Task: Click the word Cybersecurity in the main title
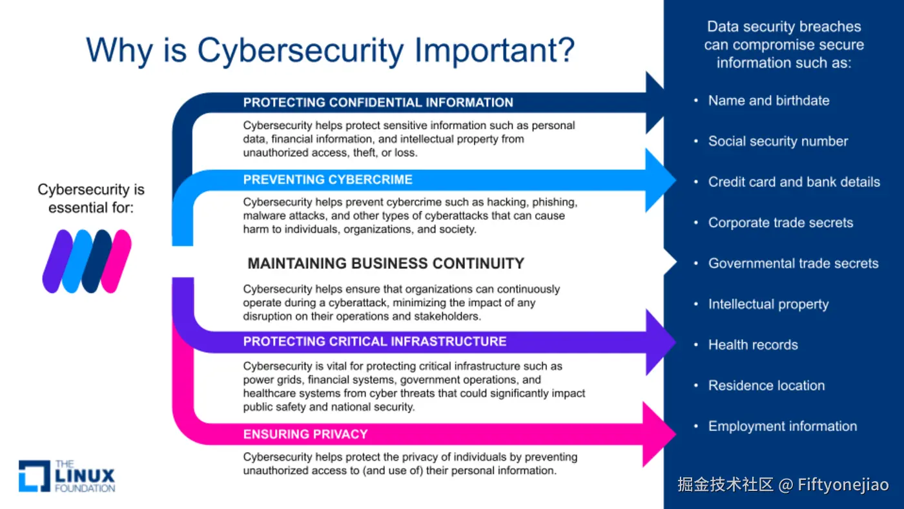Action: click(300, 51)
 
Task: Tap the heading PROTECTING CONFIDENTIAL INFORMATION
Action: click(378, 103)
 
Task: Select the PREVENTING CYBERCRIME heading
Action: click(328, 180)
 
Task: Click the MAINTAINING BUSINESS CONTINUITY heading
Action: click(386, 264)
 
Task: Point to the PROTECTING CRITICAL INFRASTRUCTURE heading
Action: click(375, 342)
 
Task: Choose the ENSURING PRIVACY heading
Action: click(305, 434)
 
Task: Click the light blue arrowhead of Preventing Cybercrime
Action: click(660, 180)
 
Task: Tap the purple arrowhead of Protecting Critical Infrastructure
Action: click(660, 342)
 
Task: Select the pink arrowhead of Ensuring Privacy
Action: click(659, 434)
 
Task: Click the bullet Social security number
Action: click(777, 141)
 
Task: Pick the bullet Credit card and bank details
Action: click(794, 182)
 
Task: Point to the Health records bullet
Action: click(753, 345)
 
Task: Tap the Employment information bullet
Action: click(783, 426)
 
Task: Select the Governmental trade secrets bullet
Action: click(794, 263)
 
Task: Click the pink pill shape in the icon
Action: click(116, 261)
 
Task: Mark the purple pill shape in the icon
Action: click(57, 261)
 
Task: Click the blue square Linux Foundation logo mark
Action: click(34, 476)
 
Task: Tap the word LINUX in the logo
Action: click(85, 476)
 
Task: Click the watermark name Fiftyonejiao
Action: click(843, 485)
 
